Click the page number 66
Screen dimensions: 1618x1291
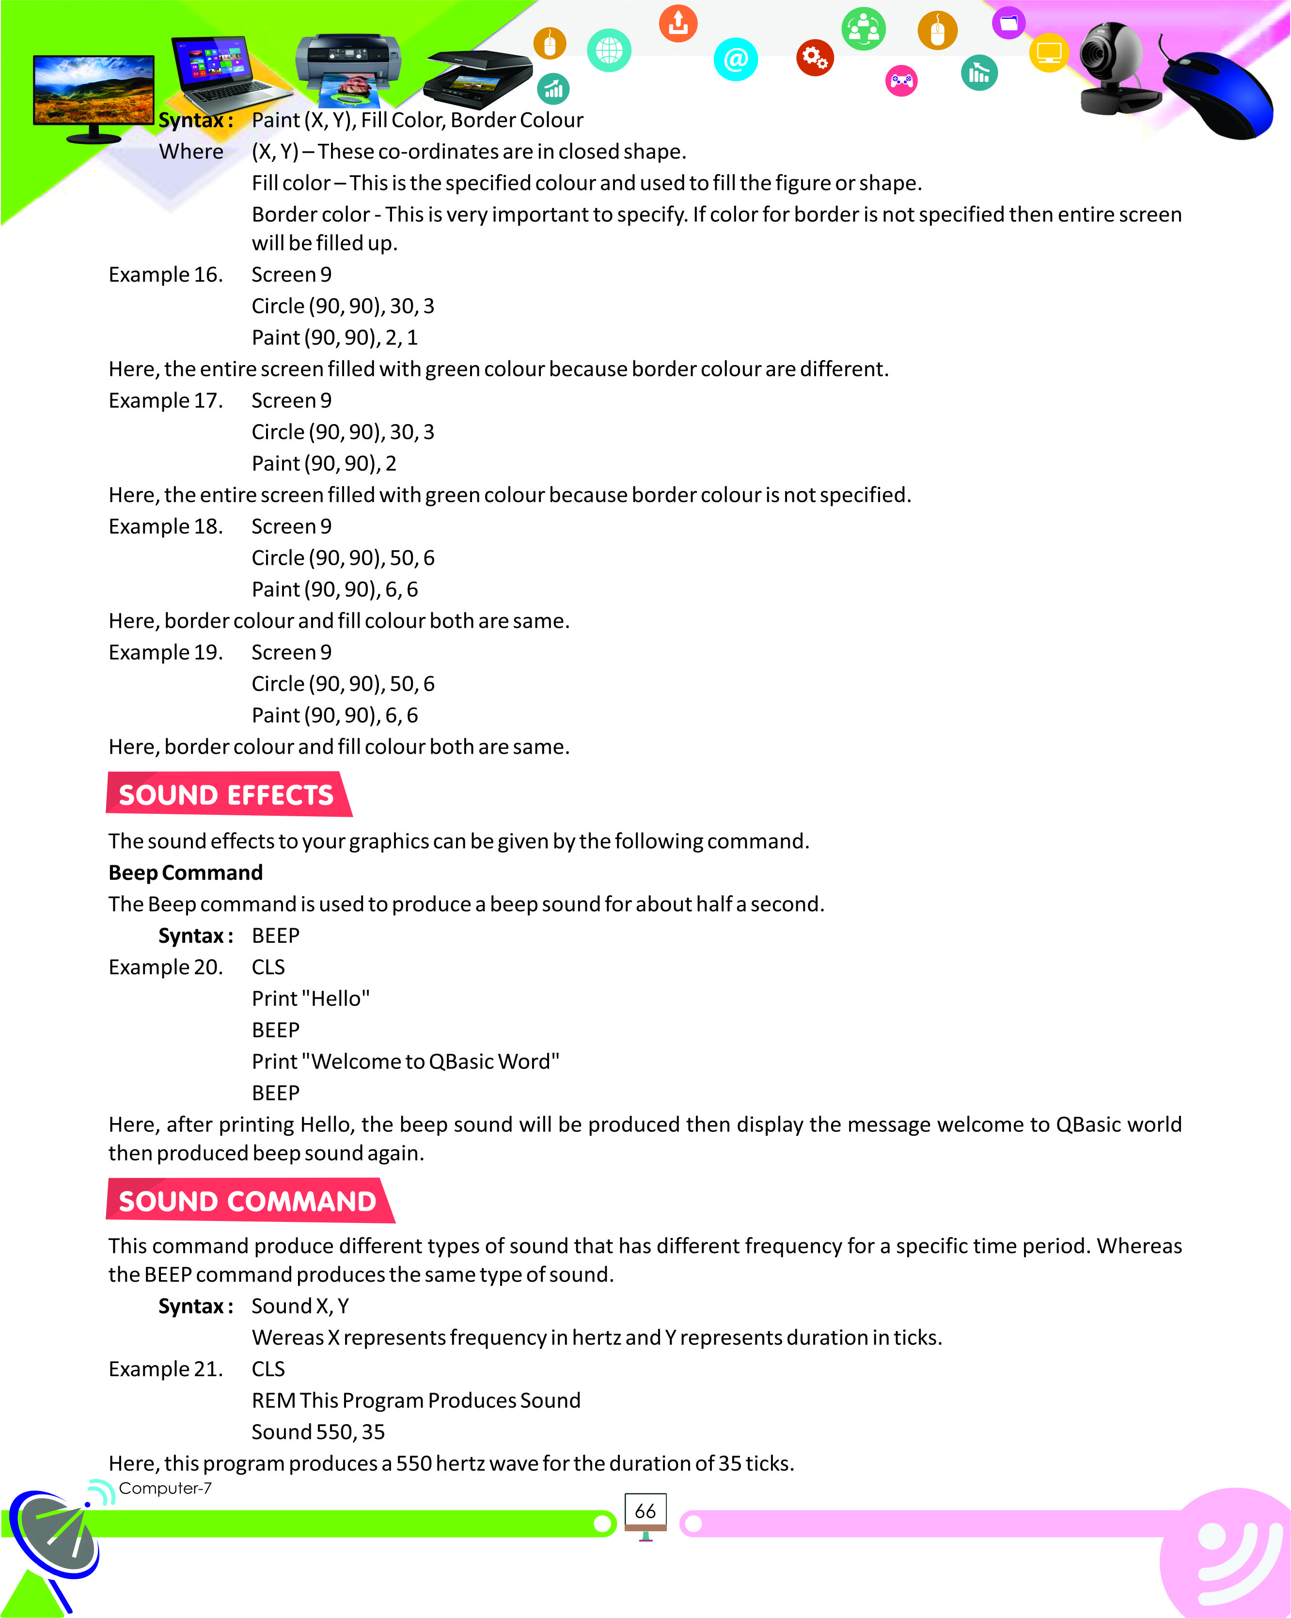[x=645, y=1511]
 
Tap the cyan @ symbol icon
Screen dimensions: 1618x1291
[x=735, y=59]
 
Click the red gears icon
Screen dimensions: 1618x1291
[x=814, y=57]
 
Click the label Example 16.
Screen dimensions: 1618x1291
[x=166, y=275]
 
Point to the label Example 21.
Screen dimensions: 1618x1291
[x=166, y=1369]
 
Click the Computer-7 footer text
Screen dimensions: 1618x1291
[x=165, y=1488]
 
